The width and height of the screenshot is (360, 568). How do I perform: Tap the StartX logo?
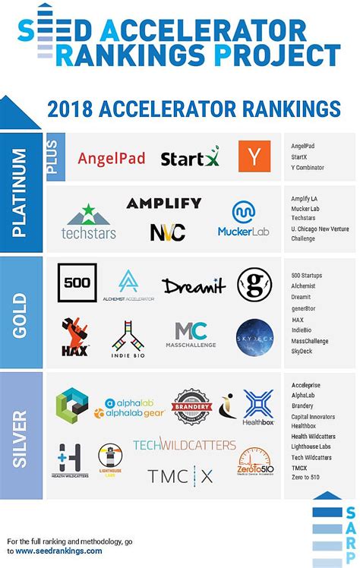[189, 159]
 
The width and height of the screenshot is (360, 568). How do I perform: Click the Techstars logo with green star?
[89, 221]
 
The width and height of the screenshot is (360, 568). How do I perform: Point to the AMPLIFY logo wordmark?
[163, 203]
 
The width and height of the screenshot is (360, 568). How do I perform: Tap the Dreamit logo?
[194, 286]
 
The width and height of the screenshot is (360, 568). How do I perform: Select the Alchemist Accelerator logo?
[128, 286]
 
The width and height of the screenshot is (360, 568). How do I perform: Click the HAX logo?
[75, 337]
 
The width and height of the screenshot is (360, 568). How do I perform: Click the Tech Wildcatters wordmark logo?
[185, 445]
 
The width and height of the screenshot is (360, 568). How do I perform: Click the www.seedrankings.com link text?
[58, 551]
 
